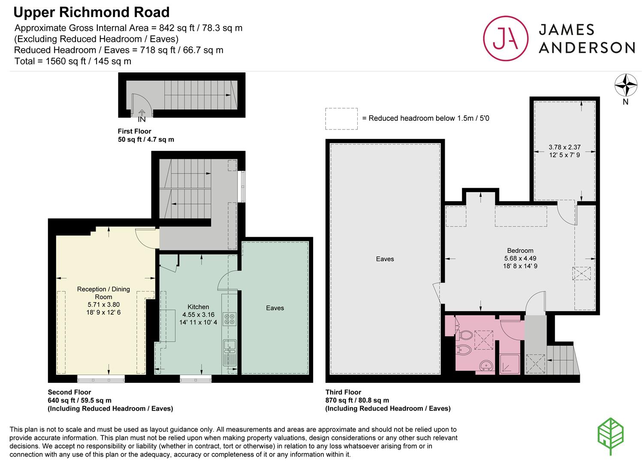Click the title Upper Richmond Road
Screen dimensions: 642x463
pos(91,12)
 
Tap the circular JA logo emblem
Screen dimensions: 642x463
pos(506,39)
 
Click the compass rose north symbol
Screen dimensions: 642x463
pos(626,85)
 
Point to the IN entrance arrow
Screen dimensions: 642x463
pos(142,112)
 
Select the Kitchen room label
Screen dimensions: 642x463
pos(198,307)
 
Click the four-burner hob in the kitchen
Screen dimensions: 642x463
pos(229,319)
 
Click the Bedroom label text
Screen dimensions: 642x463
pos(520,251)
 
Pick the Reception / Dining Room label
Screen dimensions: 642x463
pos(103,293)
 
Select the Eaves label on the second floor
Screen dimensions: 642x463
pos(275,308)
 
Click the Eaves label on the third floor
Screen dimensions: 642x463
pos(385,259)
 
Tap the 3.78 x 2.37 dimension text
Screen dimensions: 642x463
pos(565,147)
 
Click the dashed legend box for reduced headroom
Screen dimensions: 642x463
pos(341,119)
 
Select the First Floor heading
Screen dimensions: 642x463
pos(134,131)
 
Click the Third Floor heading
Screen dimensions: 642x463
pos(343,392)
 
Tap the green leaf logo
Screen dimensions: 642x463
pos(610,436)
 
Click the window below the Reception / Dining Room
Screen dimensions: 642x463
pos(101,379)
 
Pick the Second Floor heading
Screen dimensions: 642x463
pos(69,392)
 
